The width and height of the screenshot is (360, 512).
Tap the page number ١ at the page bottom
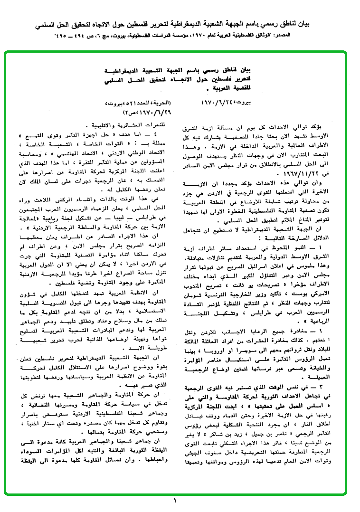point(174,500)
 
